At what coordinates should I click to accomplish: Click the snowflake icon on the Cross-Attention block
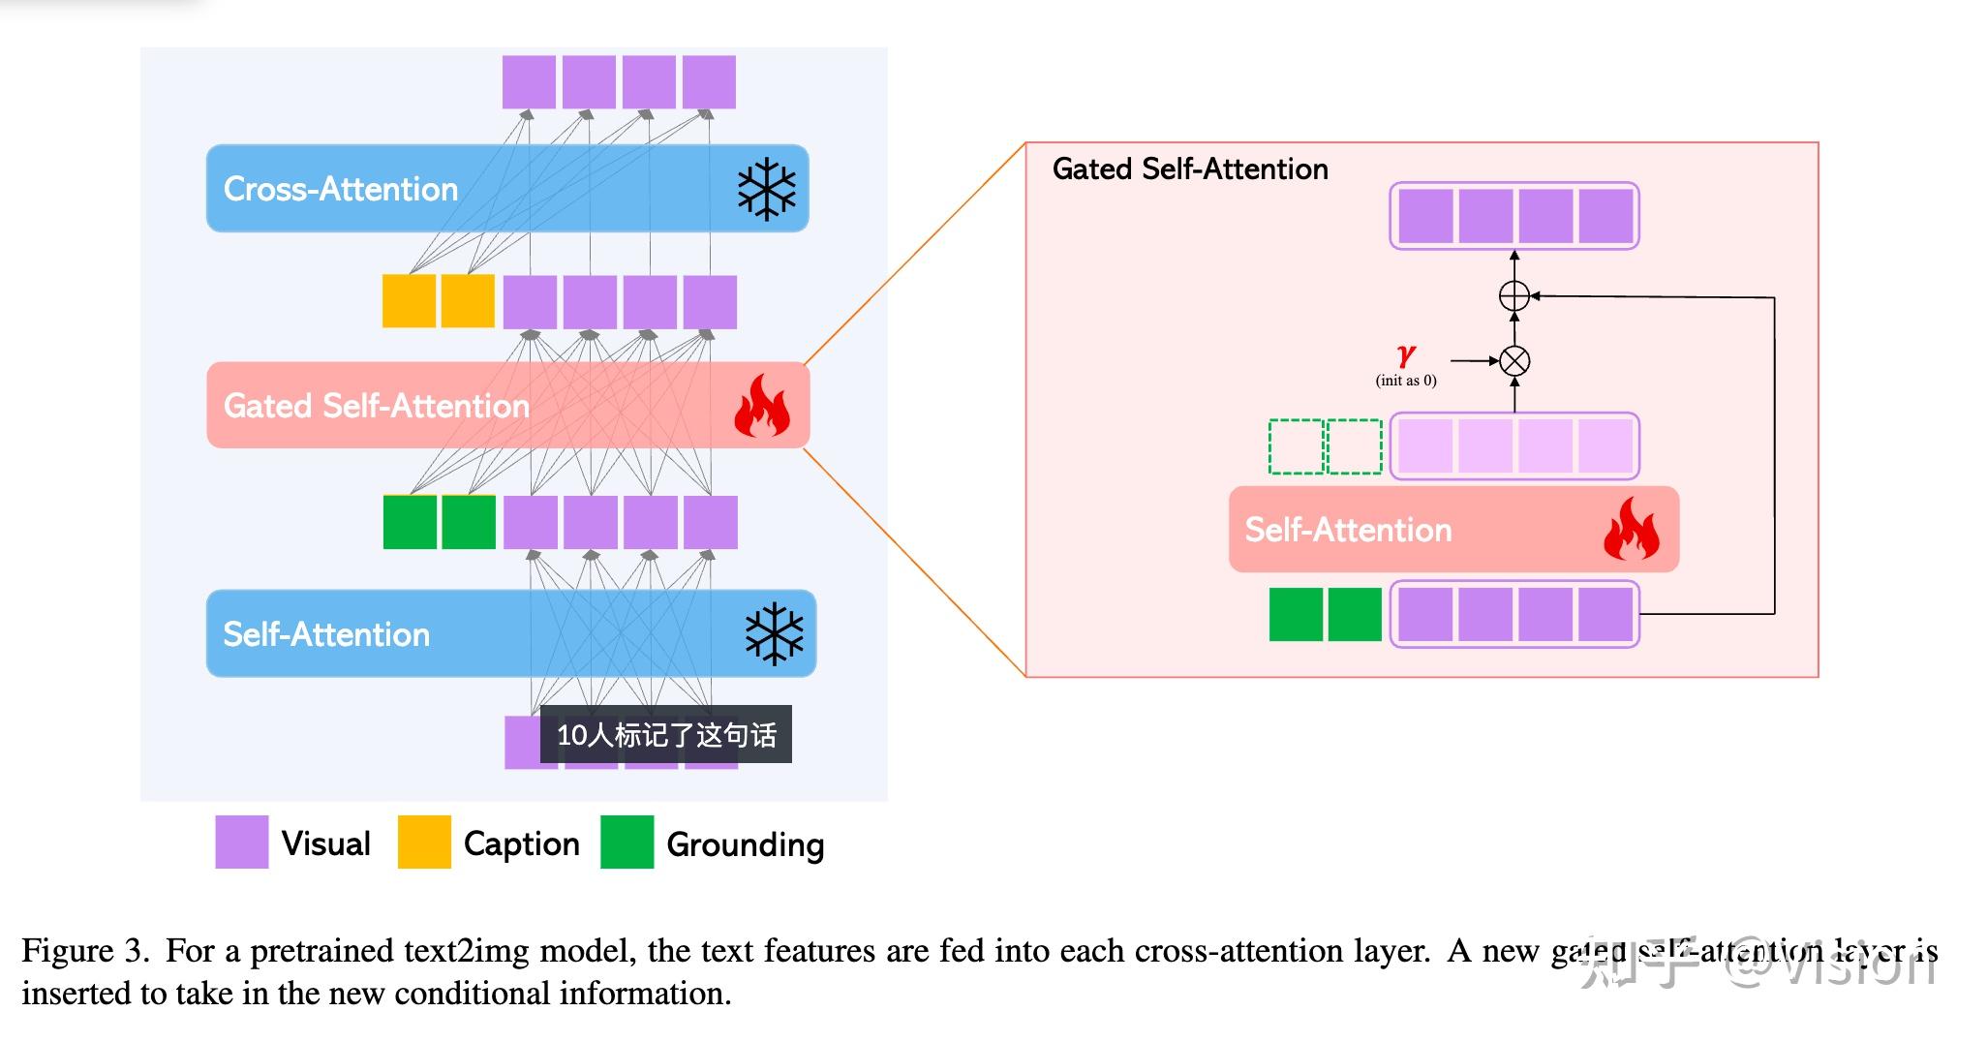click(766, 189)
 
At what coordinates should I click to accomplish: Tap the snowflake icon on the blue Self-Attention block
click(774, 634)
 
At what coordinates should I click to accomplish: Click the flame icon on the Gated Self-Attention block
click(761, 406)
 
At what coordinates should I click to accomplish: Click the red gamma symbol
click(1406, 355)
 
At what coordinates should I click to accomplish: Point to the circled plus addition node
click(1514, 295)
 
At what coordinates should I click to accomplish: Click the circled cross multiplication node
click(1514, 361)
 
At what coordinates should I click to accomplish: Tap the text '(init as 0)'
click(1406, 381)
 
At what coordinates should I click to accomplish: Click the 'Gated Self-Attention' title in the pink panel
click(1190, 169)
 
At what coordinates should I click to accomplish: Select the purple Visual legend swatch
click(241, 843)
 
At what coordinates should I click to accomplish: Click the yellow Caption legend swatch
click(424, 843)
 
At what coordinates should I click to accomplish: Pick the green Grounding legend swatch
click(627, 843)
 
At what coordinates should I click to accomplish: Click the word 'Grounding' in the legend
click(745, 844)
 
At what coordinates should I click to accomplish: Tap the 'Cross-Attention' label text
click(341, 189)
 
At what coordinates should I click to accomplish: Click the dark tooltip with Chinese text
click(666, 735)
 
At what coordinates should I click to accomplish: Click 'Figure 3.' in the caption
click(85, 951)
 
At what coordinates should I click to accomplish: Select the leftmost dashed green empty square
click(1296, 446)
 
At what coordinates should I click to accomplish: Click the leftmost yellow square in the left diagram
click(409, 301)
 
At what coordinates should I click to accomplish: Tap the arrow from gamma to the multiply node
click(1474, 361)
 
